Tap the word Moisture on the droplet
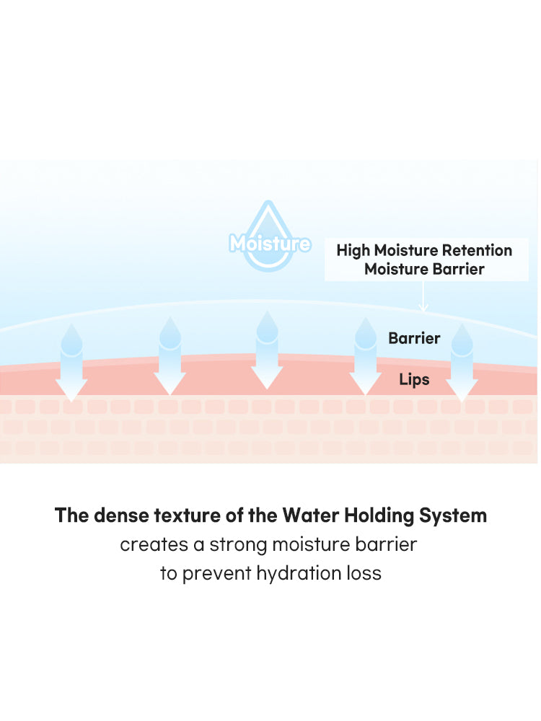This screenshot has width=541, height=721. coord(270,244)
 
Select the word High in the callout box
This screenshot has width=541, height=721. coord(353,250)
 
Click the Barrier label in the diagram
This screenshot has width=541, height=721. coord(414,338)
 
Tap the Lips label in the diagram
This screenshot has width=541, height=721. coord(414,379)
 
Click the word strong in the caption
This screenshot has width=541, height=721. coord(236,545)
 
